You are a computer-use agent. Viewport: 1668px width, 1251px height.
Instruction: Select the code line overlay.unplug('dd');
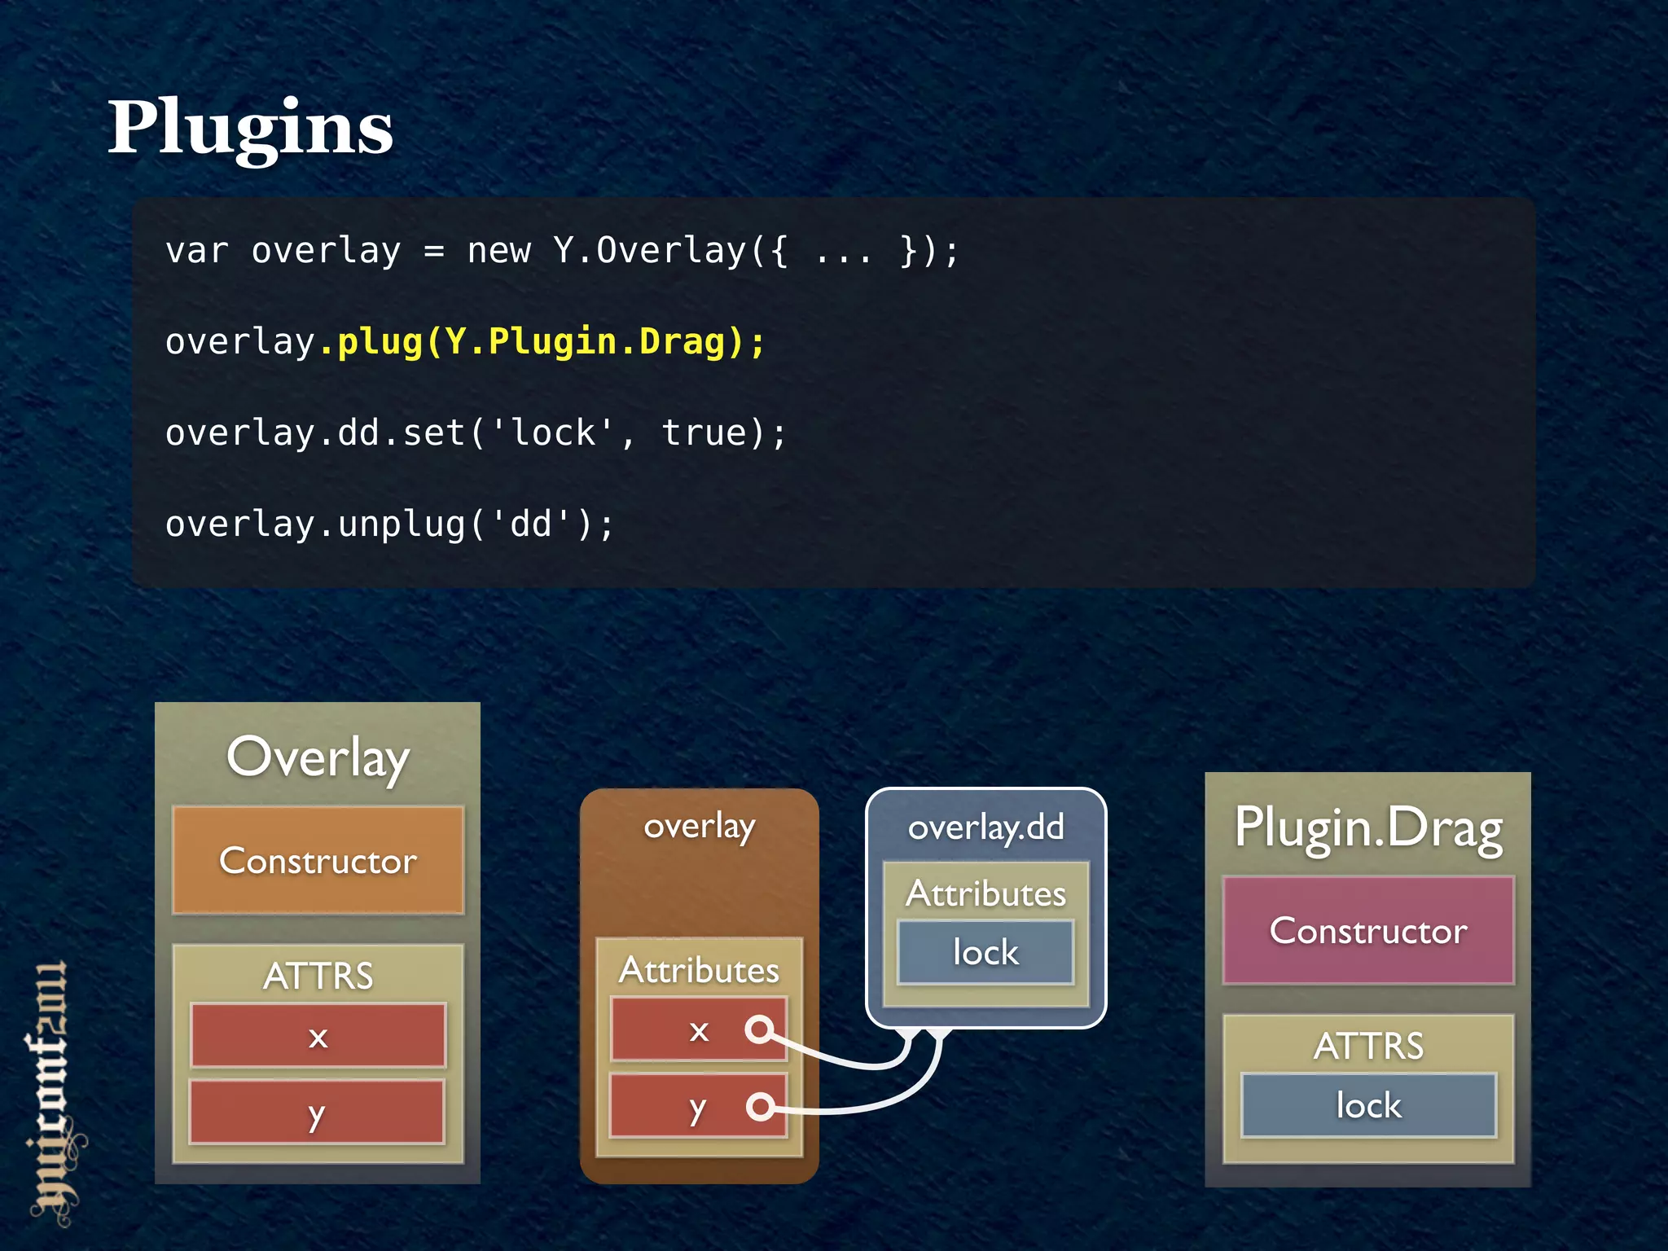pyautogui.click(x=389, y=524)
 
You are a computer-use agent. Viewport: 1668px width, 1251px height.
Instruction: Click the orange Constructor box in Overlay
pyautogui.click(x=318, y=860)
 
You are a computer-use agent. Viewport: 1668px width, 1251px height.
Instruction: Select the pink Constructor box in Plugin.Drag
pyautogui.click(x=1368, y=930)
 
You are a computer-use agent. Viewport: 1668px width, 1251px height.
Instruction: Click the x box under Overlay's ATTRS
pyautogui.click(x=318, y=1035)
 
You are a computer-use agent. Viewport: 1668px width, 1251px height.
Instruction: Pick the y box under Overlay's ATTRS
pyautogui.click(x=318, y=1112)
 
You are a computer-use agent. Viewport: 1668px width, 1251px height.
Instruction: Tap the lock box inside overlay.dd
pyautogui.click(x=985, y=952)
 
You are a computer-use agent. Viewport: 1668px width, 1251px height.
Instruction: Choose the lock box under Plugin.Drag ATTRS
pyautogui.click(x=1368, y=1105)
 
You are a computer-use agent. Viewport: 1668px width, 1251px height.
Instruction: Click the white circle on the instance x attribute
pyautogui.click(x=759, y=1029)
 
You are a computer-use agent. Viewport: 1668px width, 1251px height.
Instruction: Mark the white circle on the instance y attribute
pyautogui.click(x=760, y=1106)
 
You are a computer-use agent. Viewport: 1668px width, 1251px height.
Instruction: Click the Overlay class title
pyautogui.click(x=318, y=757)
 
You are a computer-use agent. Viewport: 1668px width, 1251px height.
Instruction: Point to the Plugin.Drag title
pyautogui.click(x=1368, y=827)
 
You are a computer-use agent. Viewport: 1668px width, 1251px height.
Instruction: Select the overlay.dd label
pyautogui.click(x=985, y=827)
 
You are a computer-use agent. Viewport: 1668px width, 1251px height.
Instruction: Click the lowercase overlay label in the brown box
pyautogui.click(x=699, y=827)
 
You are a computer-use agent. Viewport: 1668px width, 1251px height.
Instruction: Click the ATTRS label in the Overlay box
pyautogui.click(x=318, y=975)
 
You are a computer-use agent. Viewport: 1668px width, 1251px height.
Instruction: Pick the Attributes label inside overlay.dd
pyautogui.click(x=985, y=893)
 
